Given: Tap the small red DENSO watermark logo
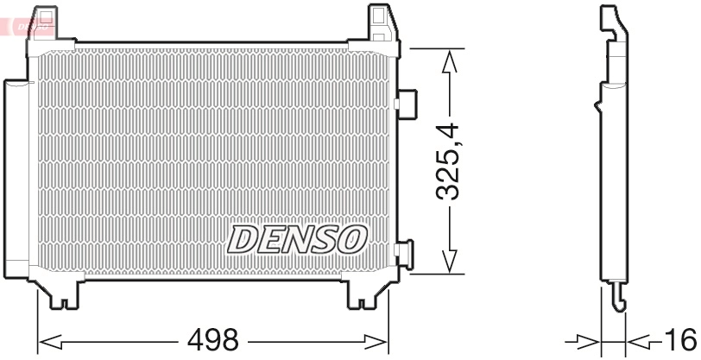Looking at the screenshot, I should (x=29, y=27).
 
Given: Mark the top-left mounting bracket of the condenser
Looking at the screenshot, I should (x=44, y=23).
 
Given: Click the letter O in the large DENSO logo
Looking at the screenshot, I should (x=352, y=239).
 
